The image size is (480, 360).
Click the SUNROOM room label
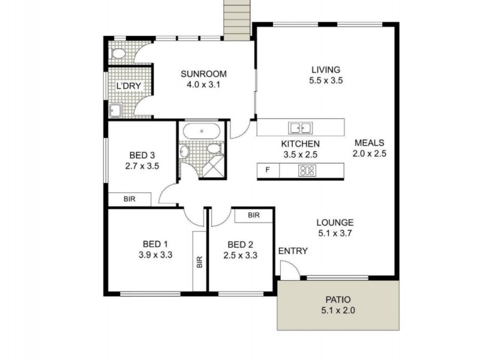click(x=204, y=74)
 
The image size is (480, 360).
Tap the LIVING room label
click(x=325, y=70)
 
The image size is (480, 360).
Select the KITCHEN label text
click(x=301, y=144)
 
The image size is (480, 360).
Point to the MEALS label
click(x=369, y=143)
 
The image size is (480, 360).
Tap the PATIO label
click(x=338, y=299)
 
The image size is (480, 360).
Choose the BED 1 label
click(x=155, y=244)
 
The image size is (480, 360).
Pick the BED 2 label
click(x=241, y=244)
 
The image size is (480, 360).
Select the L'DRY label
click(x=128, y=86)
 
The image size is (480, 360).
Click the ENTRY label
click(x=293, y=251)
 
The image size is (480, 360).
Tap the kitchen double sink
click(x=300, y=127)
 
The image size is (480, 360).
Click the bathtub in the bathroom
click(x=201, y=130)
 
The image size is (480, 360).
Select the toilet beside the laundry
click(x=118, y=53)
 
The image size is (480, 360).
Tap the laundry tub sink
click(x=115, y=109)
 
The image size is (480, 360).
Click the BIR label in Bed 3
click(x=129, y=199)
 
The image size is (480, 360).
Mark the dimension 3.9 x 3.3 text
click(x=155, y=254)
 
